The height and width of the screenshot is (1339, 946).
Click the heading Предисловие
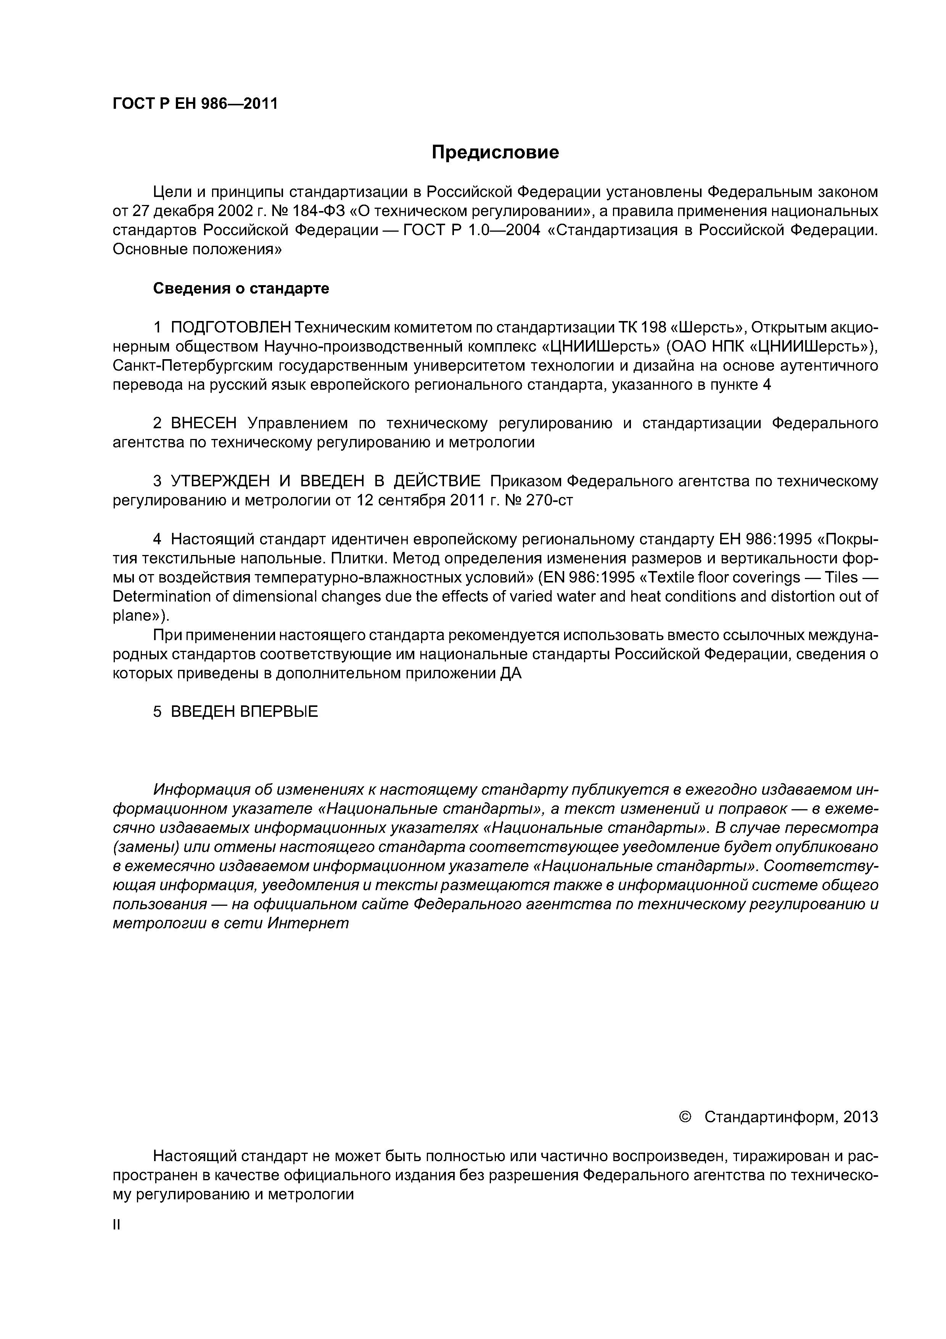(495, 153)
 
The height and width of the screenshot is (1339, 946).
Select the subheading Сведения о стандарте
(241, 288)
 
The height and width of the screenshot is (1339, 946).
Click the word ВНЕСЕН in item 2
(204, 423)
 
